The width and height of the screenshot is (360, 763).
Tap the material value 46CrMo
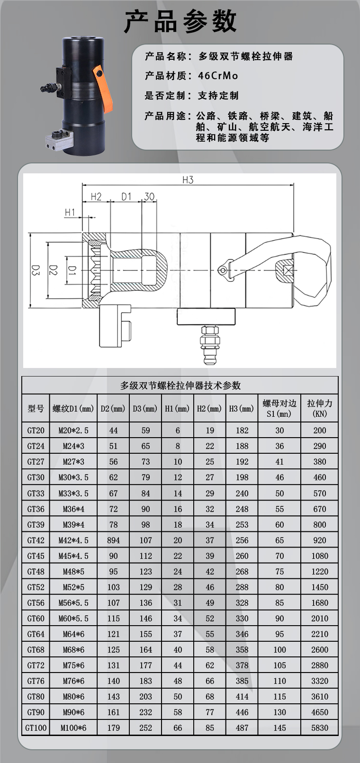click(218, 76)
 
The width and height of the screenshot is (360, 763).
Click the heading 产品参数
click(180, 21)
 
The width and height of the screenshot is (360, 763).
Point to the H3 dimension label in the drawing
click(188, 180)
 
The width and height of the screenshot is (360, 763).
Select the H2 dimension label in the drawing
click(96, 196)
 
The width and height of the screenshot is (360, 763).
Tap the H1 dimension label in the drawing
click(70, 212)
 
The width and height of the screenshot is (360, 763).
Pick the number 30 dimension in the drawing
click(149, 196)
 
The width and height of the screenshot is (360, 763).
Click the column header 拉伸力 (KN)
click(320, 408)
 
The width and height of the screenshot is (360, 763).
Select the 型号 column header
click(36, 408)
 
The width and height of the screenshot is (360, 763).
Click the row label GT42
click(36, 540)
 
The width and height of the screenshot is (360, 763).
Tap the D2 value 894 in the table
click(113, 540)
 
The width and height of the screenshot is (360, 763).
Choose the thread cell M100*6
click(73, 727)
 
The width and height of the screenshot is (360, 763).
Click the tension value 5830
click(320, 727)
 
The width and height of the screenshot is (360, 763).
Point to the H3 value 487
click(242, 727)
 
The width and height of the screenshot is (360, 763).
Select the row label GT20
click(36, 431)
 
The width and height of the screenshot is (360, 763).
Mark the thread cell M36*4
click(73, 509)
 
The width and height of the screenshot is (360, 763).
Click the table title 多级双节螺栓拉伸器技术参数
click(180, 386)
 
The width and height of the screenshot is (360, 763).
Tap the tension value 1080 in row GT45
click(320, 556)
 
